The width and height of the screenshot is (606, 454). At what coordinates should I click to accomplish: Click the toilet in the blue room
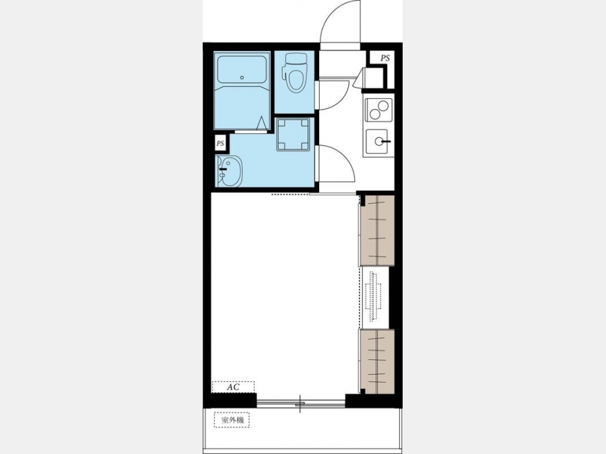(x=295, y=72)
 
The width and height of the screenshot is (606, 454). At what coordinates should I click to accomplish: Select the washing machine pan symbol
(x=294, y=135)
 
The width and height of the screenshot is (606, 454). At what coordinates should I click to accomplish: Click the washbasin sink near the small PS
(x=230, y=171)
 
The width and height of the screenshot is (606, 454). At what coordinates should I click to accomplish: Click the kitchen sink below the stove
(x=378, y=141)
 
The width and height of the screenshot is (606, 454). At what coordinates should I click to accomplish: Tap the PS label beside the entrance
(x=385, y=59)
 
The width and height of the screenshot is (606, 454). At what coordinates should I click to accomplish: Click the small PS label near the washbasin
(x=220, y=144)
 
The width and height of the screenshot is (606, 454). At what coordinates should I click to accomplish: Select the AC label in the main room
(x=233, y=387)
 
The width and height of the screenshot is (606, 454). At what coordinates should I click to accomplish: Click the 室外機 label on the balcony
(x=233, y=420)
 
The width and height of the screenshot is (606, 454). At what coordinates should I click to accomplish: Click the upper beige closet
(x=377, y=231)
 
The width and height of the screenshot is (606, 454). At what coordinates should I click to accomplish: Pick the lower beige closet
(x=377, y=361)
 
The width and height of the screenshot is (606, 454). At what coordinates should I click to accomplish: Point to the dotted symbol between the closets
(x=373, y=297)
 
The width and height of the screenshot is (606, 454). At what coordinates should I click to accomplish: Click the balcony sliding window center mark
(x=300, y=404)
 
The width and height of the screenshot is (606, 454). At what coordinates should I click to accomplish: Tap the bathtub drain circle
(x=242, y=77)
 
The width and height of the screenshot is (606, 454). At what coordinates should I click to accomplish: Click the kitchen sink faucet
(x=385, y=142)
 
